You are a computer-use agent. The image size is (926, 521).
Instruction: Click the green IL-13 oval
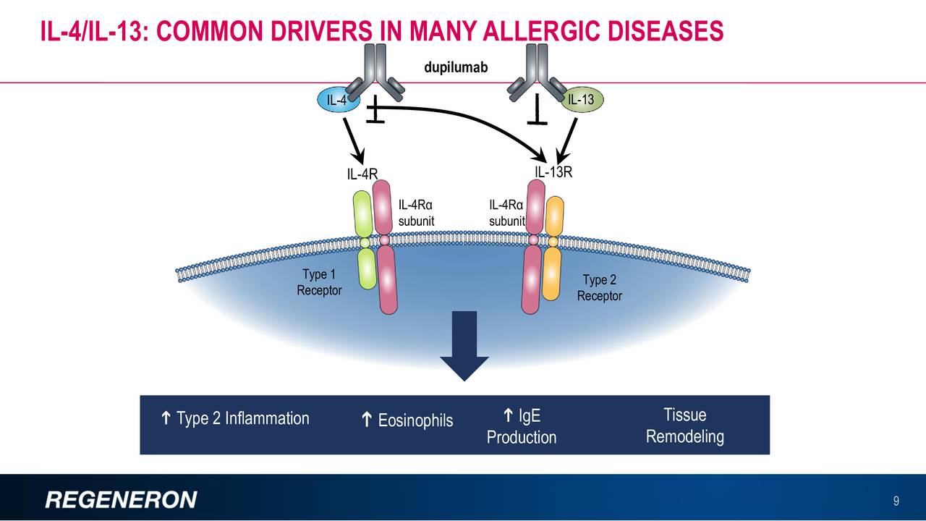[582, 101]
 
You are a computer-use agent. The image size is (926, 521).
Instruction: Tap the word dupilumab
[456, 68]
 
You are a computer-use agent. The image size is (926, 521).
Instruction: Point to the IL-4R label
[362, 174]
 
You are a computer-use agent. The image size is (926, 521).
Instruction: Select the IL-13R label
[553, 171]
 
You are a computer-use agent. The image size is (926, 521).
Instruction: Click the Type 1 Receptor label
[319, 282]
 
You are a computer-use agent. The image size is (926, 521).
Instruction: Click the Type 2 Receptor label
[600, 288]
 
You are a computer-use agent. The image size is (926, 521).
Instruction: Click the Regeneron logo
[122, 499]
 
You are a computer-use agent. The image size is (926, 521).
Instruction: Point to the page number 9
[896, 502]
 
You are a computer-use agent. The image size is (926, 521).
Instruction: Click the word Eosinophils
[415, 420]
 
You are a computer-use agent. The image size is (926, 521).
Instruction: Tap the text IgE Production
[522, 426]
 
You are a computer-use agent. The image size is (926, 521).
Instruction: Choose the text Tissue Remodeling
[684, 425]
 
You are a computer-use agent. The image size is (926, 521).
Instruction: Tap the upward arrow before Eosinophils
[366, 420]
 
